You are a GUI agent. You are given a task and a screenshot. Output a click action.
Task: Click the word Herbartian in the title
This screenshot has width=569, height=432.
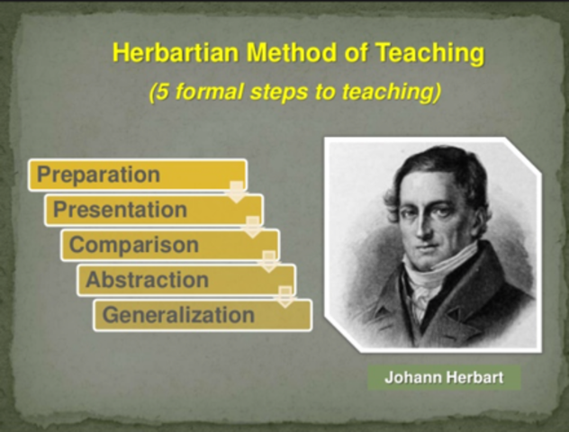pos(169,53)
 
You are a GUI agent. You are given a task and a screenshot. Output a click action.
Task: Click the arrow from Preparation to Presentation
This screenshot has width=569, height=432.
pos(236,192)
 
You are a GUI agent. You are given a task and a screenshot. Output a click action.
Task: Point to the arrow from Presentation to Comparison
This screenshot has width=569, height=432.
pos(253,227)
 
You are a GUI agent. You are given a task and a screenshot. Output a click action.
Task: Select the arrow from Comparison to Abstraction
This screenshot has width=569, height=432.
pos(268,262)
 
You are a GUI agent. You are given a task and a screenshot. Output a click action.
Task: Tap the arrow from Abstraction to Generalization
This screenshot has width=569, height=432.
pos(285,297)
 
